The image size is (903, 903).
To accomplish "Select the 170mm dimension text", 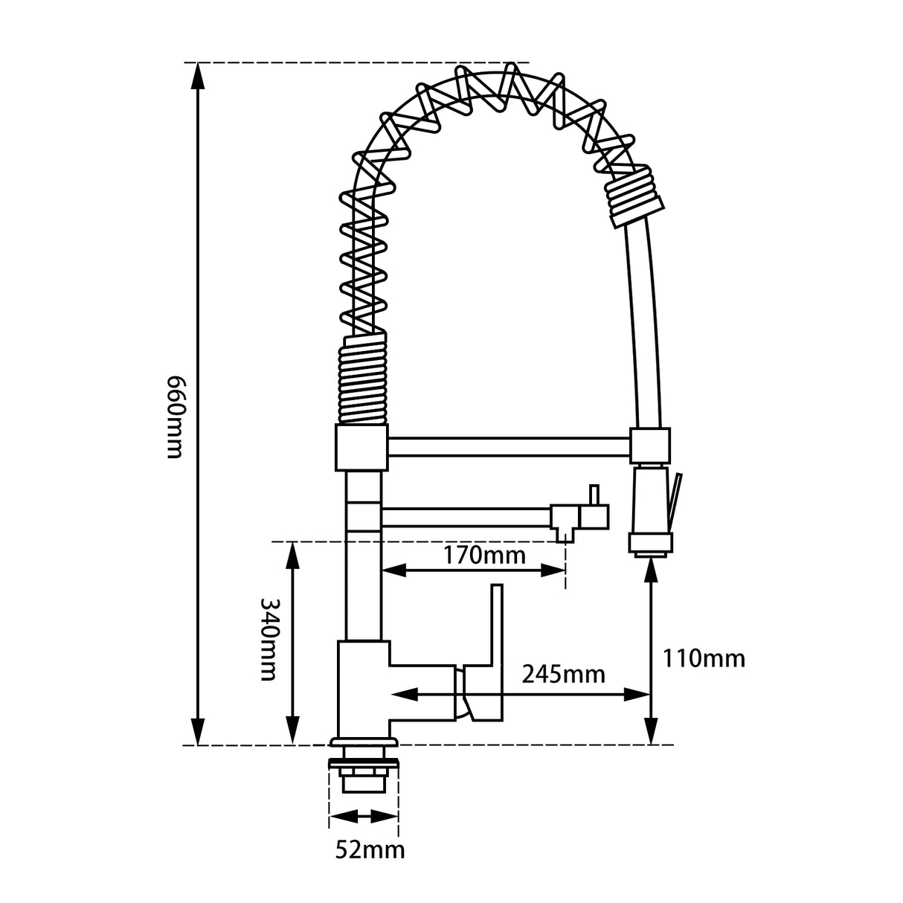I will coord(484,555).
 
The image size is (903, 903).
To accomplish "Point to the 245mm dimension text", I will coord(563,675).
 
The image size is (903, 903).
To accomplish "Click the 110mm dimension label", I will coord(704,658).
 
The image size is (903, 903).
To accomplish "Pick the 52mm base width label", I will coord(370,849).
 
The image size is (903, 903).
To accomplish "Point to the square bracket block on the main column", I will coord(362,447).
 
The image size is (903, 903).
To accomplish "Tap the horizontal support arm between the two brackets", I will coord(509,447).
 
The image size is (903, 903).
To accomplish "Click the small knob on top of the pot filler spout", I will coord(594,494).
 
